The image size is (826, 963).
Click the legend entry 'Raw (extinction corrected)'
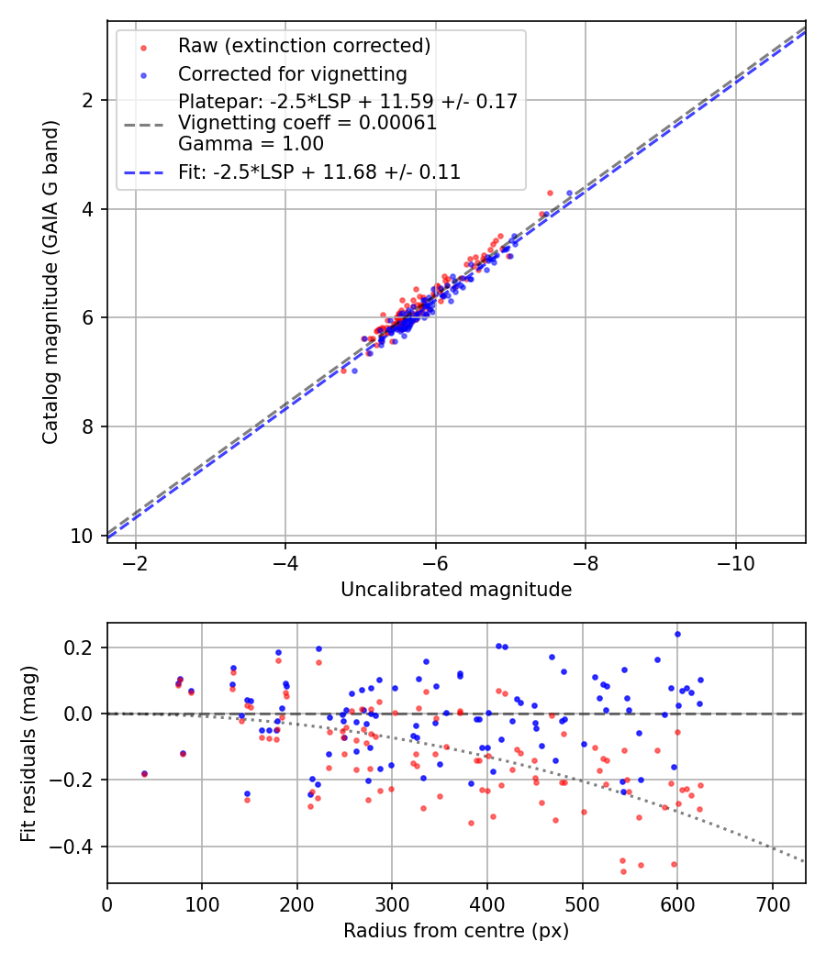pyautogui.click(x=304, y=45)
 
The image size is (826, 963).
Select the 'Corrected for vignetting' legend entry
pyautogui.click(x=293, y=73)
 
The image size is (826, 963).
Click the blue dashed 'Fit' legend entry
pyautogui.click(x=319, y=172)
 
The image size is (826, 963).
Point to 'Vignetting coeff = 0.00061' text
pyautogui.click(x=307, y=123)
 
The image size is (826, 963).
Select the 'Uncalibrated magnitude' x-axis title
pyautogui.click(x=456, y=590)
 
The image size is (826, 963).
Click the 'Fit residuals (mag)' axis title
pyautogui.click(x=28, y=754)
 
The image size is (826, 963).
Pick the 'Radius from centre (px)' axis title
pyautogui.click(x=456, y=931)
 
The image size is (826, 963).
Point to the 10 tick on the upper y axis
pyautogui.click(x=87, y=536)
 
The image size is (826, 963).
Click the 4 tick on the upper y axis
pyautogui.click(x=92, y=209)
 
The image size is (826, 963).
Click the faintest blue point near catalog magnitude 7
pyautogui.click(x=354, y=371)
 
